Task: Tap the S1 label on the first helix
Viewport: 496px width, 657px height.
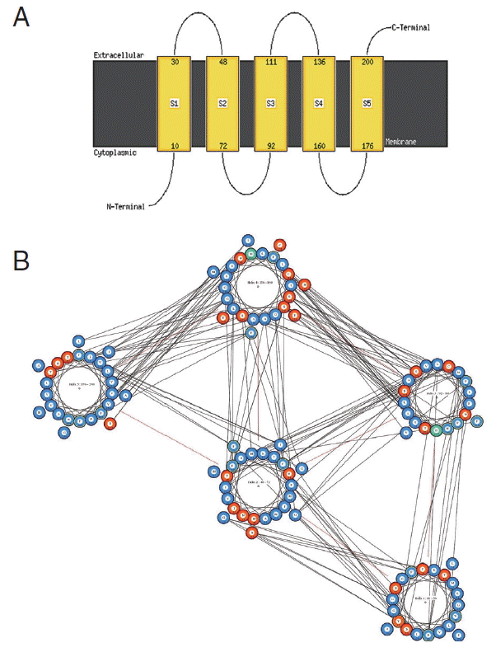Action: click(x=174, y=103)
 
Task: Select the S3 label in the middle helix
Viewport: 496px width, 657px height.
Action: click(x=270, y=103)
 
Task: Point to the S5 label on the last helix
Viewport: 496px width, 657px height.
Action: click(x=367, y=103)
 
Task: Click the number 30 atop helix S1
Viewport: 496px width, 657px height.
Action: click(x=174, y=63)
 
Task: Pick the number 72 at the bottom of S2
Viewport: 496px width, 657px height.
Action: click(x=222, y=145)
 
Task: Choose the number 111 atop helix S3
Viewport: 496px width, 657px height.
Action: click(x=270, y=63)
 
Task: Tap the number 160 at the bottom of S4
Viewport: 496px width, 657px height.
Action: click(x=319, y=145)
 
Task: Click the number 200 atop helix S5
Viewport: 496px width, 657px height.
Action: click(x=367, y=63)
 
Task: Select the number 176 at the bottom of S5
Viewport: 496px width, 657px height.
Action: click(x=367, y=145)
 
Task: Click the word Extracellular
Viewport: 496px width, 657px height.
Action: click(x=119, y=55)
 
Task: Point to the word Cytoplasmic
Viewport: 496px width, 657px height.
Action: click(x=115, y=153)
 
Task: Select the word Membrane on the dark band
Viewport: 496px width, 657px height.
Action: click(x=401, y=142)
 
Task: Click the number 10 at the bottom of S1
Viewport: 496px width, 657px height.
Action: click(x=174, y=145)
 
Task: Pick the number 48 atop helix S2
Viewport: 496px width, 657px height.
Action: click(x=222, y=63)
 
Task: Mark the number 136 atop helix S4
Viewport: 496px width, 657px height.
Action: click(x=319, y=63)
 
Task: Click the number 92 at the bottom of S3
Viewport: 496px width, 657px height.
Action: click(x=270, y=145)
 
